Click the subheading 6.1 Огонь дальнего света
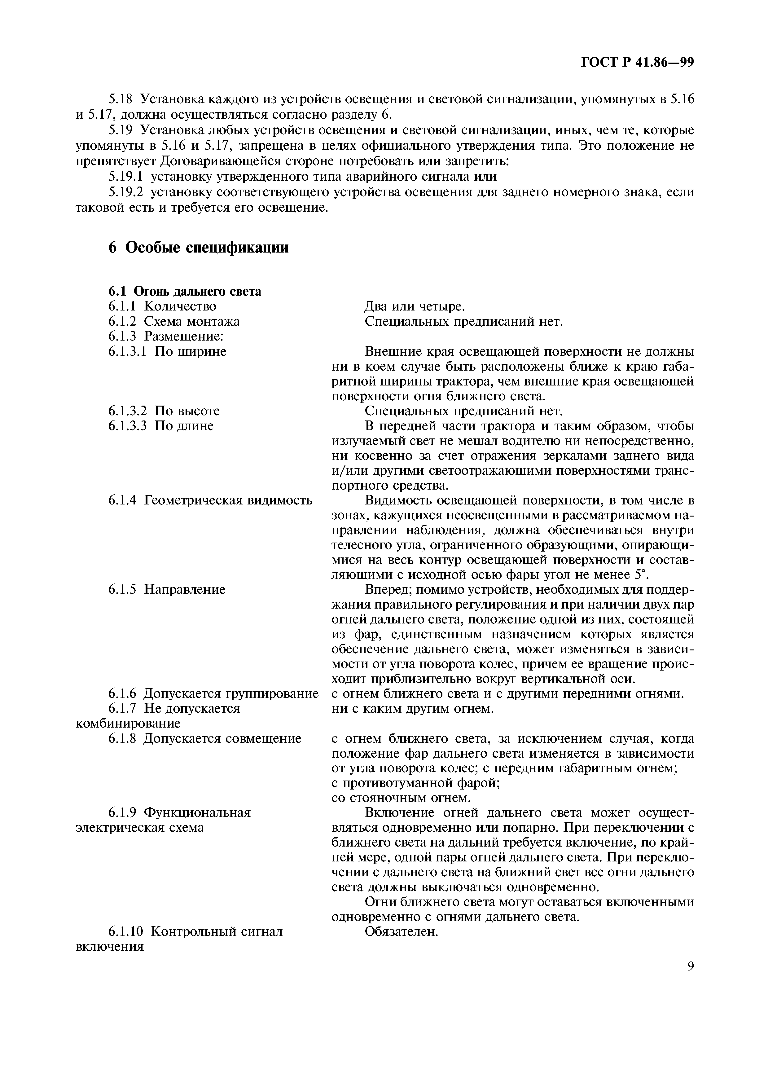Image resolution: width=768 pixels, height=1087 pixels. pos(185,291)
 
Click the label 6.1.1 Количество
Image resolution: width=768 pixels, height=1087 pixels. pos(162,306)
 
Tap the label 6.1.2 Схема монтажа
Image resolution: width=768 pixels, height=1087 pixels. pos(174,321)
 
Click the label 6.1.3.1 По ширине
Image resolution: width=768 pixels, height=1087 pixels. pos(167,351)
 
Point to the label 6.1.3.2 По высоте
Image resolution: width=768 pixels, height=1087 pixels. pos(164,411)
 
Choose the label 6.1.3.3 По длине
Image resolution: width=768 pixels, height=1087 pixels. pos(161,426)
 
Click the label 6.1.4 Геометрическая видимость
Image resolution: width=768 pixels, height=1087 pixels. pos(210,500)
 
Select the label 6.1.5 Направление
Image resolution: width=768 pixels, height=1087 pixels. pos(167,589)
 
